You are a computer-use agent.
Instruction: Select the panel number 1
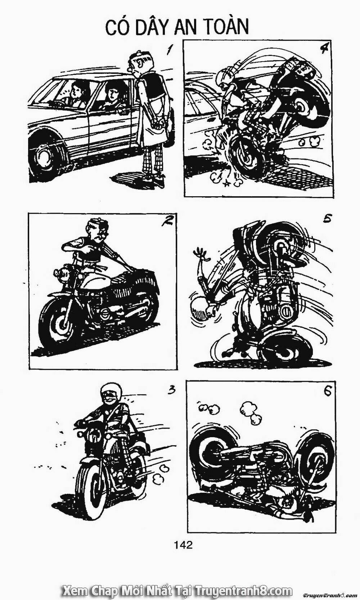tap(168, 50)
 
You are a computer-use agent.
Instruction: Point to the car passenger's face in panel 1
tap(112, 93)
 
